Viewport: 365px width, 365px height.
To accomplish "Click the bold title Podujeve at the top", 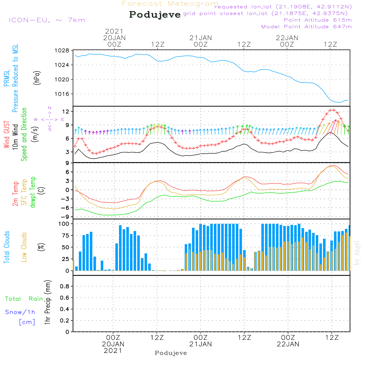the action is point(155,15).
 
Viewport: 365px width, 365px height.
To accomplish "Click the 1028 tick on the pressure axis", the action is point(62,50).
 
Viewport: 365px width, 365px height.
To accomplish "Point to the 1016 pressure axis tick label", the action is point(62,94).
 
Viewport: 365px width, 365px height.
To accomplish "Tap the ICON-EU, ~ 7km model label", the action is point(47,20).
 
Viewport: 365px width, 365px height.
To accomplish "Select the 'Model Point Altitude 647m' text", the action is point(306,27).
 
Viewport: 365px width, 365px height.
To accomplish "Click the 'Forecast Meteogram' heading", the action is point(170,4).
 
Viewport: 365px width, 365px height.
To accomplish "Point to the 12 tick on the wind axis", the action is point(66,111).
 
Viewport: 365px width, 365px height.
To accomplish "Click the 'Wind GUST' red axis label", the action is point(7,135).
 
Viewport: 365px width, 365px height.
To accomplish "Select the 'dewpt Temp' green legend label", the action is point(32,192).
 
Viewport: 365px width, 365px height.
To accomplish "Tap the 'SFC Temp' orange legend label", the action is point(24,192).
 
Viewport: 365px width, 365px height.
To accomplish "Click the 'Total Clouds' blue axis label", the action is point(7,247).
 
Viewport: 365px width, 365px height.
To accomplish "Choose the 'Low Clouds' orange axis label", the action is point(24,247).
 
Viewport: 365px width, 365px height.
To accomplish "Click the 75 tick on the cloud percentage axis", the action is point(65,235).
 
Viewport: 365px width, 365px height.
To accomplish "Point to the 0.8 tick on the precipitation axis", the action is point(65,286).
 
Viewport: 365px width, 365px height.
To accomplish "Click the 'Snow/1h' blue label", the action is point(20,312).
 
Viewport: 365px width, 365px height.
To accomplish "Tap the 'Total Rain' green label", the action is point(24,299).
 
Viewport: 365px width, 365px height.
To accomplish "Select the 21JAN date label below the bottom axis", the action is point(200,344).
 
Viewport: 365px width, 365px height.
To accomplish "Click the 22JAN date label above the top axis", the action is point(287,38).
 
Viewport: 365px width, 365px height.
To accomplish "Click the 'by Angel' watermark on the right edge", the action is point(357,253).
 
